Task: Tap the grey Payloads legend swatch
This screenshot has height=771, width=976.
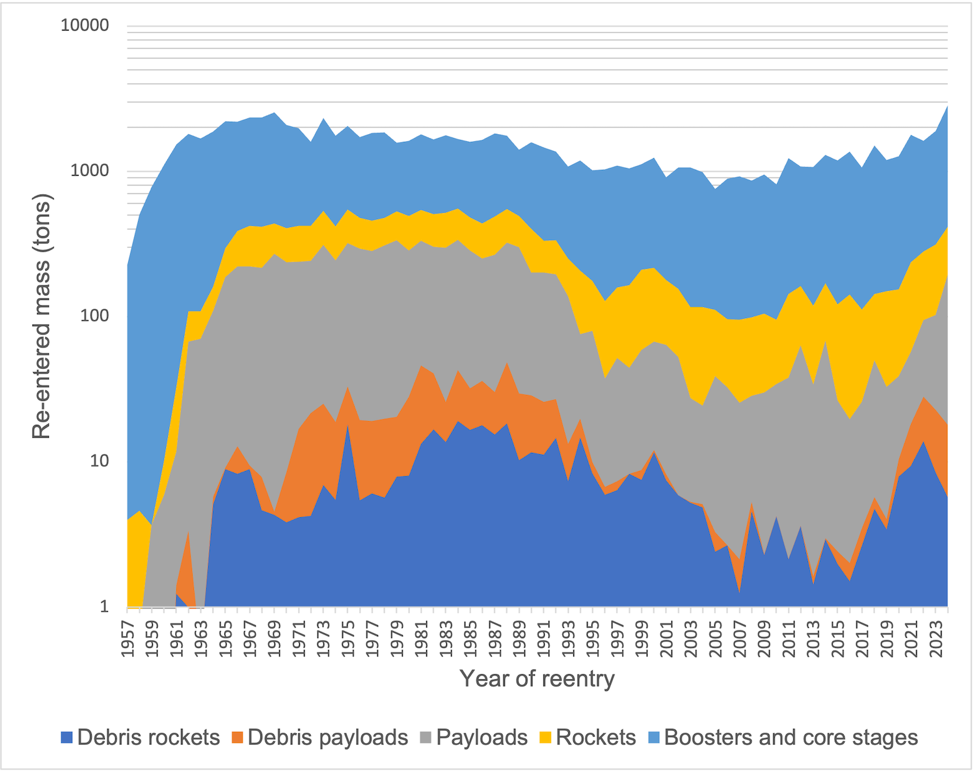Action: pyautogui.click(x=426, y=738)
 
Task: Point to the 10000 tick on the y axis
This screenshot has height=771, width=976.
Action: pyautogui.click(x=85, y=27)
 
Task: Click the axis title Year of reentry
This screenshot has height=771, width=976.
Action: pyautogui.click(x=537, y=679)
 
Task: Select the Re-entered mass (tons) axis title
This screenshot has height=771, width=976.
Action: pyautogui.click(x=42, y=316)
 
